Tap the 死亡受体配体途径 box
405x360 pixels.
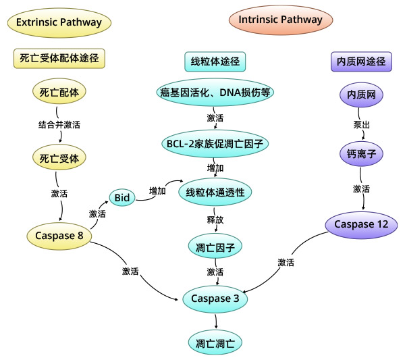tap(60, 58)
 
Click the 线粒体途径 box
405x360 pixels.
tap(214, 62)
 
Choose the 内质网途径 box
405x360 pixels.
tap(360, 62)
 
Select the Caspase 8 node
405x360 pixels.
tap(60, 236)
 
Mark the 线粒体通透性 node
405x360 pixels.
tap(215, 192)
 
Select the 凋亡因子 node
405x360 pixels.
tap(215, 246)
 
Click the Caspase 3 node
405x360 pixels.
tap(215, 298)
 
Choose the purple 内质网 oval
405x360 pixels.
tap(360, 95)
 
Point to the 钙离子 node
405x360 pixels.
tap(360, 155)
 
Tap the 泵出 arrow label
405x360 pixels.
tap(360, 125)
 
